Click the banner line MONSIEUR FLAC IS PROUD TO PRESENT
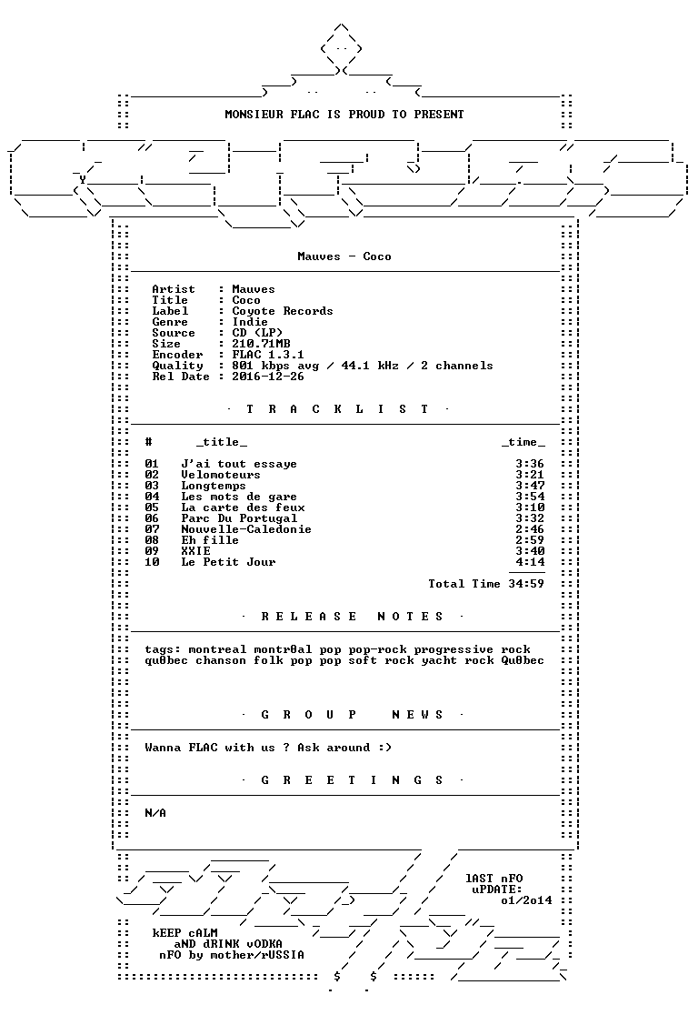(344, 115)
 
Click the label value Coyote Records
(282, 311)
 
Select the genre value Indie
(250, 322)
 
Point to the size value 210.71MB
(261, 344)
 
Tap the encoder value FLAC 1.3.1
(268, 355)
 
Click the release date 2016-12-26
(268, 377)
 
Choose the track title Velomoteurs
(221, 475)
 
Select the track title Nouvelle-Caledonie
(245, 529)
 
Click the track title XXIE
(195, 551)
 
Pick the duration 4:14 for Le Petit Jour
(530, 562)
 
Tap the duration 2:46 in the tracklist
(530, 529)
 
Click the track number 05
(152, 508)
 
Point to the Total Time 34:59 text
(486, 584)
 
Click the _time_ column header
(523, 443)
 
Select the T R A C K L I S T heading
(337, 409)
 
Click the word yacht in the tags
(439, 661)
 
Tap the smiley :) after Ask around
(385, 748)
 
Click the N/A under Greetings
(155, 813)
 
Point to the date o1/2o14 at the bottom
(526, 900)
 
